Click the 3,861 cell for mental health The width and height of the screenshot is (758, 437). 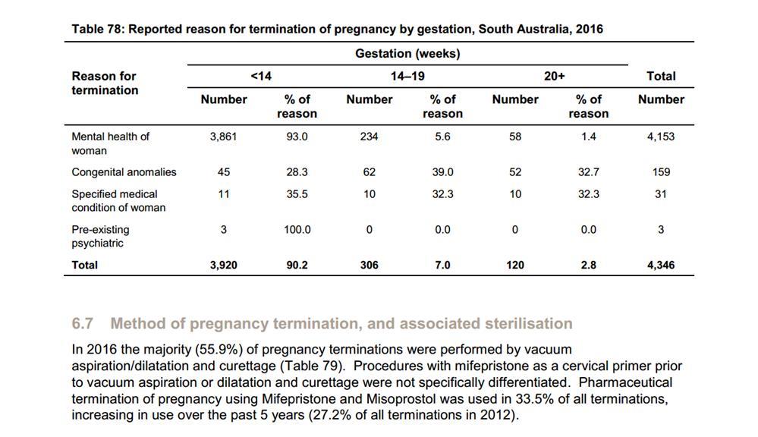pos(223,137)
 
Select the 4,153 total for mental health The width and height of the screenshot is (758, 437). pos(661,137)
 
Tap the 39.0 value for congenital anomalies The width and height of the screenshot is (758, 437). pos(442,172)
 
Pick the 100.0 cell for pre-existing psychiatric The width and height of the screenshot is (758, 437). pos(297,230)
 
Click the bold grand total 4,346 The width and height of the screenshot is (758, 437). pos(661,265)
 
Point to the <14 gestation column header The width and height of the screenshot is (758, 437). pos(261,77)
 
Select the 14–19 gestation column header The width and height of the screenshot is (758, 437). pos(407,77)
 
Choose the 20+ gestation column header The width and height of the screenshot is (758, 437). pos(555,77)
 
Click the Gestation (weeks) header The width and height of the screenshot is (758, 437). pos(407,54)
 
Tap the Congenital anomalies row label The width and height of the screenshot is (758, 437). pos(124,172)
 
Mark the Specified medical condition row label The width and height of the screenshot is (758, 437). pos(118,200)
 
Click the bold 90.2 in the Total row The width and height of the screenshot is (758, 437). pos(297,265)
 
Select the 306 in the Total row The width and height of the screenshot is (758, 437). pos(370,265)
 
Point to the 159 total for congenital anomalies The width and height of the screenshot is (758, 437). pos(661,172)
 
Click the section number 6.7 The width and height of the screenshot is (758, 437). pos(82,323)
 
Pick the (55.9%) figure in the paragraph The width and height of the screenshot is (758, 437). pos(226,350)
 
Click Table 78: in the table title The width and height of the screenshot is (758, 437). pos(98,29)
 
